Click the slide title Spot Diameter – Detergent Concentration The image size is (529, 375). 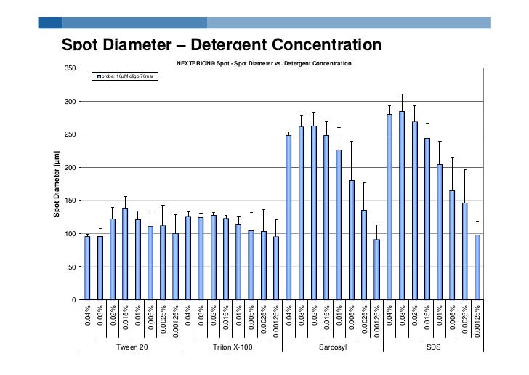point(221,45)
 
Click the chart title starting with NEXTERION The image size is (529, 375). point(264,64)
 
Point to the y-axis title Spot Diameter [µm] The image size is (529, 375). point(57,184)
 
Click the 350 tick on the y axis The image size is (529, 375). point(70,68)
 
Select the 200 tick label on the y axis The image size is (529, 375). point(70,168)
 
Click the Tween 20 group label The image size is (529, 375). point(132,347)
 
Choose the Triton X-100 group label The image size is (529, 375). point(232,347)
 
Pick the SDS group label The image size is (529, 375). point(433,347)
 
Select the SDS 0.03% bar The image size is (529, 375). point(402,206)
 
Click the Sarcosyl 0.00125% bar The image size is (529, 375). point(376,270)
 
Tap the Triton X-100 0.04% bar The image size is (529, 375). point(188,258)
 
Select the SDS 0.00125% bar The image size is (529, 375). point(477,267)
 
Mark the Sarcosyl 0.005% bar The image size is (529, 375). point(352,240)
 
